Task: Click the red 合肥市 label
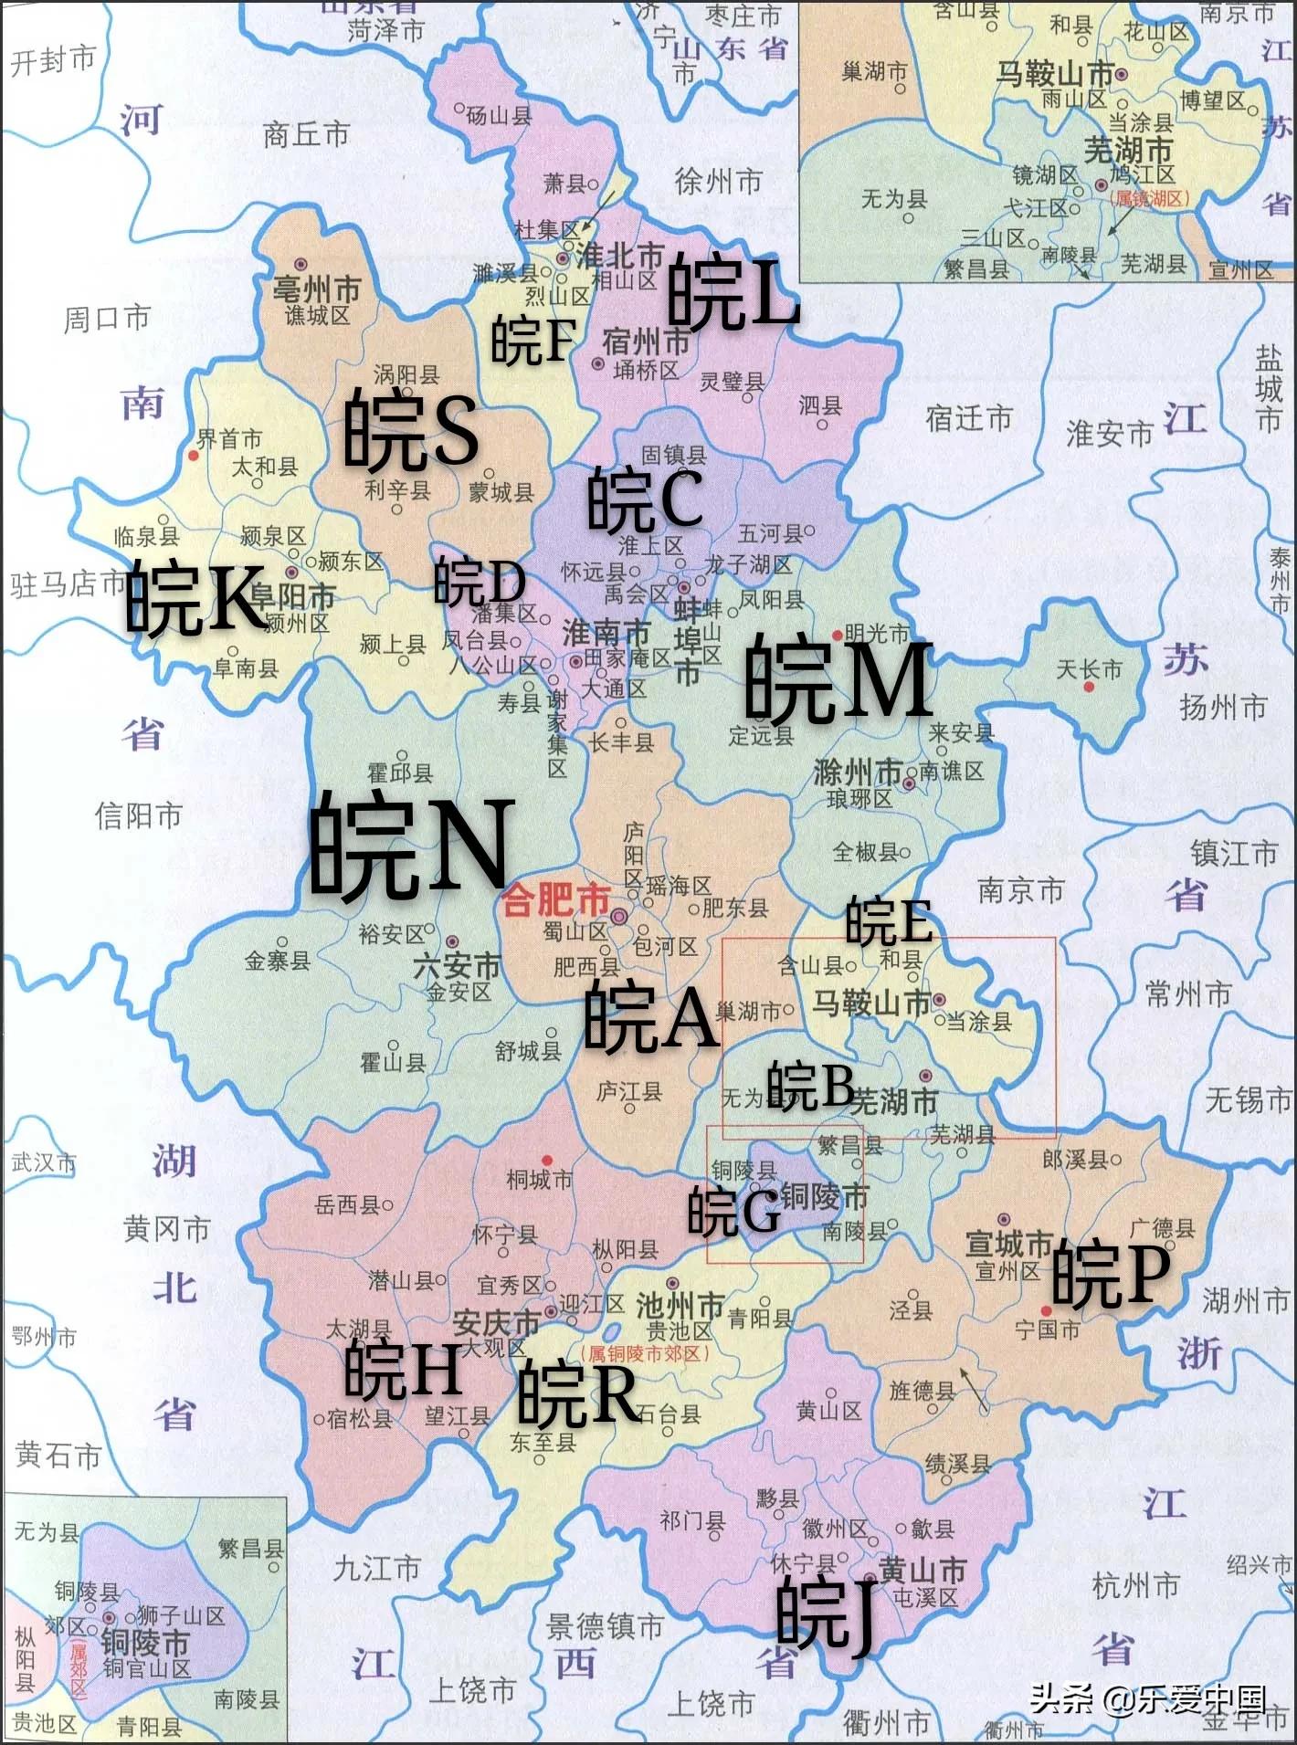click(x=555, y=901)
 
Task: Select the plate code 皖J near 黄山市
click(x=827, y=1613)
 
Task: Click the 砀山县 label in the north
click(x=500, y=116)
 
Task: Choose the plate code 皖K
click(x=195, y=598)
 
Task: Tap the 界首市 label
click(x=229, y=439)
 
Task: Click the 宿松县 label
click(x=360, y=1418)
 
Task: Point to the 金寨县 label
click(x=277, y=960)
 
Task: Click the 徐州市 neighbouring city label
click(x=718, y=181)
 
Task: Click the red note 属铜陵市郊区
click(x=646, y=1354)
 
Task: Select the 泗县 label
click(x=820, y=405)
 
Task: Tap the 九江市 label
click(x=376, y=1568)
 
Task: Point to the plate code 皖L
click(x=733, y=293)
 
